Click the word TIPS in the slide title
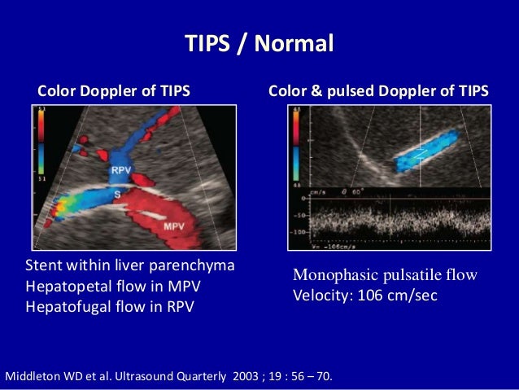click(209, 42)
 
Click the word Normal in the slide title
click(294, 42)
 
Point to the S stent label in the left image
click(117, 195)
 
